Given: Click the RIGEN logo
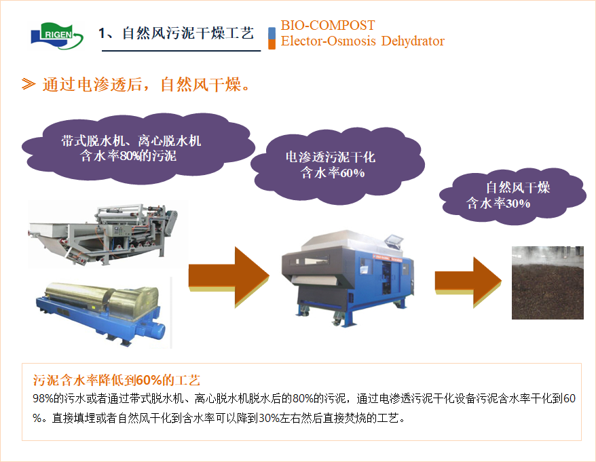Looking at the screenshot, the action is [x=57, y=35].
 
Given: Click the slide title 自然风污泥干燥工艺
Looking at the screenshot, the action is [x=188, y=33].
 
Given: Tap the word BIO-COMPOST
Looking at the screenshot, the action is [x=328, y=26].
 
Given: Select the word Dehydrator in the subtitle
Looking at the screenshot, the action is [x=413, y=41].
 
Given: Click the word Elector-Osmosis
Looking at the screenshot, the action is [x=328, y=41].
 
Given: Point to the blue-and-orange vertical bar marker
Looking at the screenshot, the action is [x=272, y=39].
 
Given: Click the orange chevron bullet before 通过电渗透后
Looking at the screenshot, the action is [x=29, y=84].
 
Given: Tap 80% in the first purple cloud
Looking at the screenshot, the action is [x=126, y=156].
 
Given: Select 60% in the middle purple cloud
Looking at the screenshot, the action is [x=352, y=173].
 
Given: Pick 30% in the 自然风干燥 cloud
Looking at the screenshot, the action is [x=518, y=204].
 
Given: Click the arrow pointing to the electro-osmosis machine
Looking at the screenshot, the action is [x=229, y=277].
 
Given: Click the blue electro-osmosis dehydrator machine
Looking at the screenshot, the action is [x=347, y=277].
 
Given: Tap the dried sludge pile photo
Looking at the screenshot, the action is [x=547, y=283].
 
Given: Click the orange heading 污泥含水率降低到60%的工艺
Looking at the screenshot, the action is [x=116, y=380].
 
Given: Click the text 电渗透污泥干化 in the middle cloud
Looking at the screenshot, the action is [x=331, y=157].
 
